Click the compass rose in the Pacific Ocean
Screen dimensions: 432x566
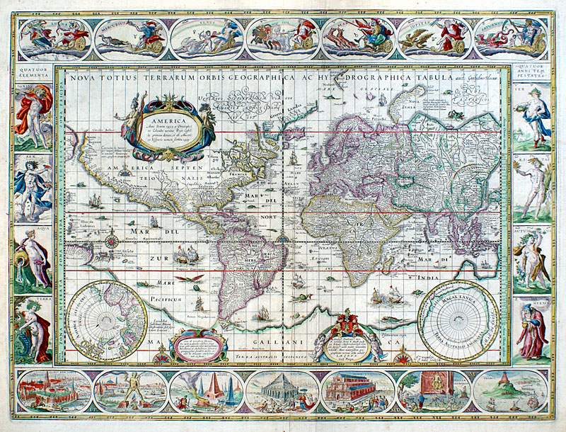point(110,239)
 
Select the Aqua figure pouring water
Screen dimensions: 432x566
point(32,256)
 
